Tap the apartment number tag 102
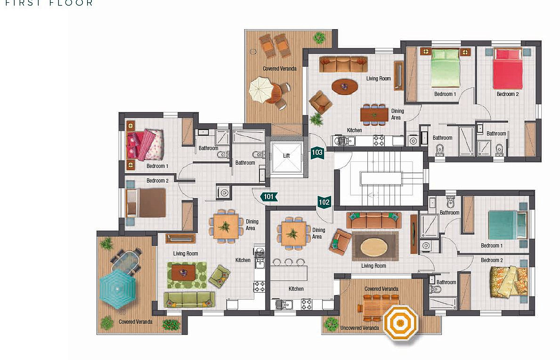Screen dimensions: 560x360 point(324,202)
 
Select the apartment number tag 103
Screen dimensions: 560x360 point(317,152)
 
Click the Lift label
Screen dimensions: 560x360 point(286,156)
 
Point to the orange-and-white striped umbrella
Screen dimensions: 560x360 point(400,324)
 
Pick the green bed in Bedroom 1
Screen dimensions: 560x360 point(446,68)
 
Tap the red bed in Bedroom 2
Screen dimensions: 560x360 point(508,69)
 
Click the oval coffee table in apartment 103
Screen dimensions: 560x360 point(345,86)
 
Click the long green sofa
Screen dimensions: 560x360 point(190,300)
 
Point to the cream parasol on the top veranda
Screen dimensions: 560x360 point(261,90)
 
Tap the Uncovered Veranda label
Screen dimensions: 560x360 point(360,328)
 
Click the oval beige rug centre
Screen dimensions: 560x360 point(375,247)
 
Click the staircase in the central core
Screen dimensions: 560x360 point(381,178)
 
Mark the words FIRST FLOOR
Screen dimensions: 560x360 point(49,3)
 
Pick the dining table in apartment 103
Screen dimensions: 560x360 point(374,114)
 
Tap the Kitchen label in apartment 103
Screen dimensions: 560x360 point(354,130)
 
